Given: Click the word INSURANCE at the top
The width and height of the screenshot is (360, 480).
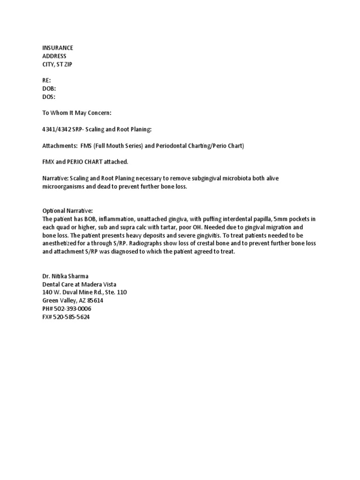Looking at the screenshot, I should pos(58,48).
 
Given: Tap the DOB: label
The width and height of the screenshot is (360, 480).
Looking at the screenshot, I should pos(50,89).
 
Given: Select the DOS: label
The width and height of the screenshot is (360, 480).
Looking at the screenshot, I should pos(49,97).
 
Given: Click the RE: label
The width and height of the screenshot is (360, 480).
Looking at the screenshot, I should pos(47,81).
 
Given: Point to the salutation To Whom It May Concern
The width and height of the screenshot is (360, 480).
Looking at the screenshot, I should pos(77,113).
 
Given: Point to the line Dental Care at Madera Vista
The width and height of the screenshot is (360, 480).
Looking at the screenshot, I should pos(79,284).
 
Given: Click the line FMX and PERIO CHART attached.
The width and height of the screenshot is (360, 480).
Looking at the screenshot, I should pos(85,162).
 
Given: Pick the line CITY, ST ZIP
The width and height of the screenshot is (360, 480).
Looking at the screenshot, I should pos(58,64).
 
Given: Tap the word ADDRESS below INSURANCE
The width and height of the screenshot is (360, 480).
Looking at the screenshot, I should pos(54,56).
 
